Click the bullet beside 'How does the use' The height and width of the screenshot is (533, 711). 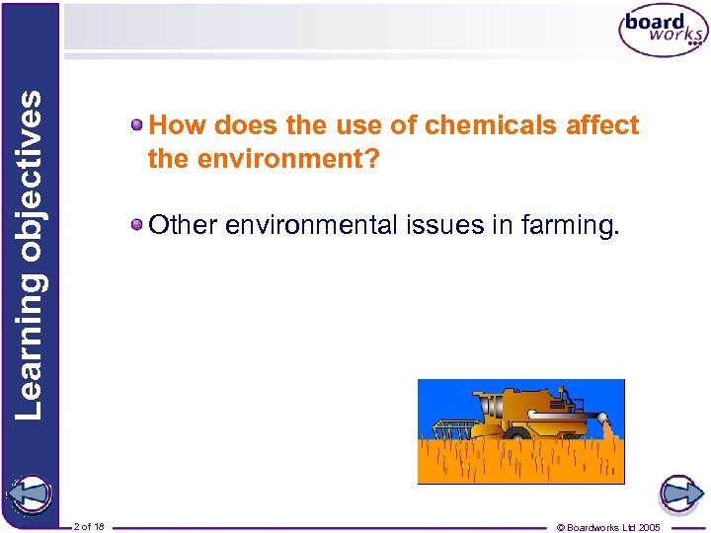(x=138, y=125)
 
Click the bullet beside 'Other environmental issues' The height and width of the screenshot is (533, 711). (x=138, y=225)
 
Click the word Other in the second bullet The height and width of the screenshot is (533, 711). (x=183, y=225)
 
